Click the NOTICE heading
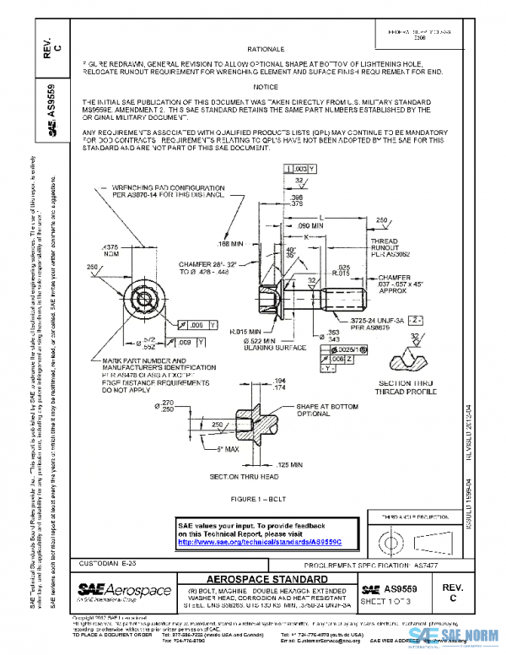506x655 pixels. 264,87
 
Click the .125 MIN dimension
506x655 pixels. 289,464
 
